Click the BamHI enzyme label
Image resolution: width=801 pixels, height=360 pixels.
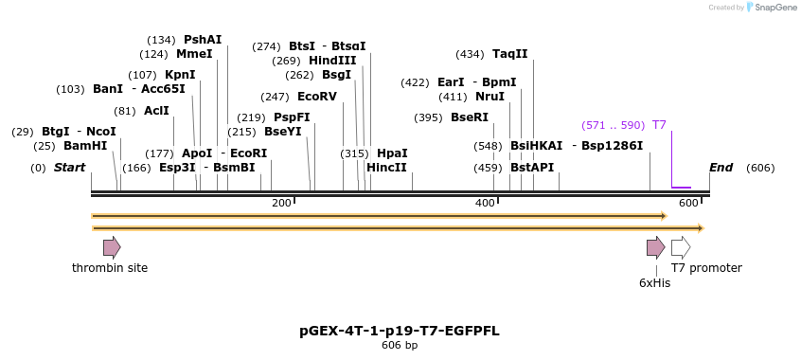click(x=85, y=146)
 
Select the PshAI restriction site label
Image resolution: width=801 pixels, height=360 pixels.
click(x=203, y=40)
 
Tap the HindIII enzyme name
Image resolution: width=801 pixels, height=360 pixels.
click(x=332, y=61)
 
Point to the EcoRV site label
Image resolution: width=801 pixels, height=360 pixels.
click(x=316, y=97)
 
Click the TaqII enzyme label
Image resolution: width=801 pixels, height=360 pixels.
click(x=509, y=54)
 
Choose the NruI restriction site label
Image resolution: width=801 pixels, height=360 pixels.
click(x=489, y=97)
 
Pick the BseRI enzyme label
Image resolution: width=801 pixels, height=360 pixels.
click(x=470, y=117)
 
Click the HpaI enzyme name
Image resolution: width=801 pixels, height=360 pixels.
click(x=392, y=153)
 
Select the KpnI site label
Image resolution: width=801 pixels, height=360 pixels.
click(x=180, y=75)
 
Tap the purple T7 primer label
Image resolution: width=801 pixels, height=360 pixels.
click(x=659, y=125)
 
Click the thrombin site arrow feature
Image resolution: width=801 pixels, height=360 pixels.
click(x=112, y=248)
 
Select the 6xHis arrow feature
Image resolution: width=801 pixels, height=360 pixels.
click(x=655, y=248)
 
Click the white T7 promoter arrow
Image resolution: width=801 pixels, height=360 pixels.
click(x=681, y=248)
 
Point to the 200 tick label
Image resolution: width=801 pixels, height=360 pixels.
click(x=281, y=204)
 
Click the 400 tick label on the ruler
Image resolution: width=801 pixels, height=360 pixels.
click(x=485, y=204)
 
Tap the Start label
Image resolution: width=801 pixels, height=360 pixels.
click(x=69, y=168)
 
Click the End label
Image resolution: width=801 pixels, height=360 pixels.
click(x=721, y=168)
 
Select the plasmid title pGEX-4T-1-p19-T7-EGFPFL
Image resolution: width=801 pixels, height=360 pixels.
click(x=400, y=331)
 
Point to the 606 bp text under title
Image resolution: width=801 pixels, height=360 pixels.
click(x=400, y=346)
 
